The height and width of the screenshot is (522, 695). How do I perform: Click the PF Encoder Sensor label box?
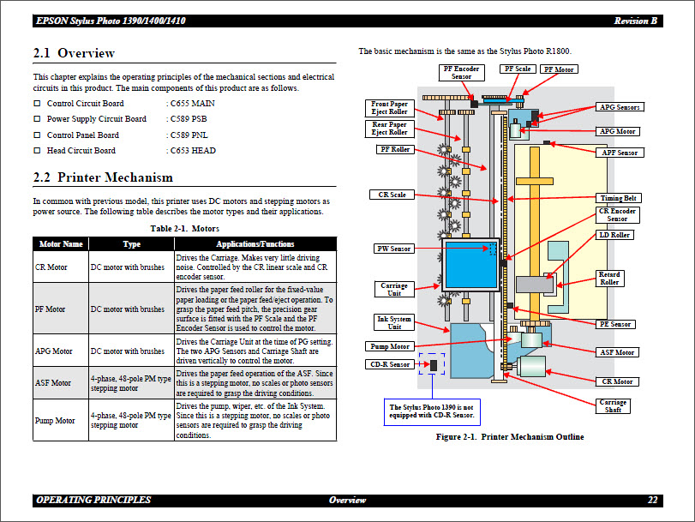coord(461,73)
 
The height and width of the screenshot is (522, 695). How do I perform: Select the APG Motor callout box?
coord(617,131)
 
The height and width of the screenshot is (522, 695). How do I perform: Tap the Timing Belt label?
coord(618,198)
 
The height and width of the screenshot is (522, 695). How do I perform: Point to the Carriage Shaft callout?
coord(613,406)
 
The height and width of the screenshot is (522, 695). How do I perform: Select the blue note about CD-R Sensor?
coord(431,411)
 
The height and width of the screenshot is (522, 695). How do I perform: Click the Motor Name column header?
coord(61,244)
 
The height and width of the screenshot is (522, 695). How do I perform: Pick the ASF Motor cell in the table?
coord(53,383)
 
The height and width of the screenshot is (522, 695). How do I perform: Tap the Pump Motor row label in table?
coord(54,420)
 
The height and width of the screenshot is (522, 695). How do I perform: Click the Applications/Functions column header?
coord(255,244)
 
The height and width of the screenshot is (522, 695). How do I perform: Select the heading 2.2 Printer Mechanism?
coord(103,177)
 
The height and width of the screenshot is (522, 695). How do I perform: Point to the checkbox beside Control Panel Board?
coord(37,135)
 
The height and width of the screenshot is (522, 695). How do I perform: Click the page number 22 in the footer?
coord(652,500)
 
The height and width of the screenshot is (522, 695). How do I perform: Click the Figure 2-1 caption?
coord(510,437)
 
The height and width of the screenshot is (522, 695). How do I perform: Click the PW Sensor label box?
coord(394,249)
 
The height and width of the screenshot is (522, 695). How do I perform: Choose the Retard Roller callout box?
coord(609,279)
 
